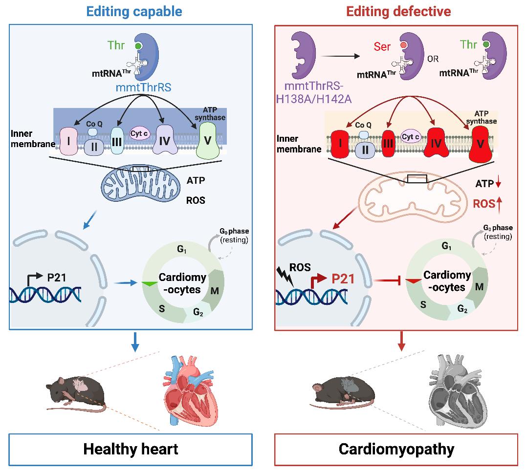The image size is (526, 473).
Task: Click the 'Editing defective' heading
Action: (x=398, y=11)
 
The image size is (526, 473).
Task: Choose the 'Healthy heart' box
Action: (x=131, y=449)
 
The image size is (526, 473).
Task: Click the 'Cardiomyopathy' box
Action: (x=396, y=449)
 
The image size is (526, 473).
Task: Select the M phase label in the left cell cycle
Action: (x=214, y=291)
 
